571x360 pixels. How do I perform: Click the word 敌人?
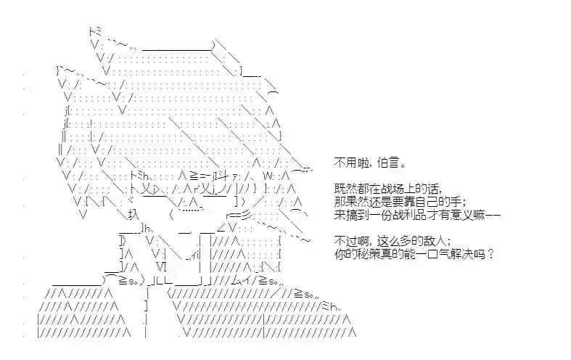point(432,241)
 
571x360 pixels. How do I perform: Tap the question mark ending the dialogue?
point(490,253)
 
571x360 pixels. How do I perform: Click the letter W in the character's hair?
point(268,176)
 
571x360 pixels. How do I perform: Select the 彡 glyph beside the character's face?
point(247,216)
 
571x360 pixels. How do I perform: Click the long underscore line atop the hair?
point(177,49)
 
